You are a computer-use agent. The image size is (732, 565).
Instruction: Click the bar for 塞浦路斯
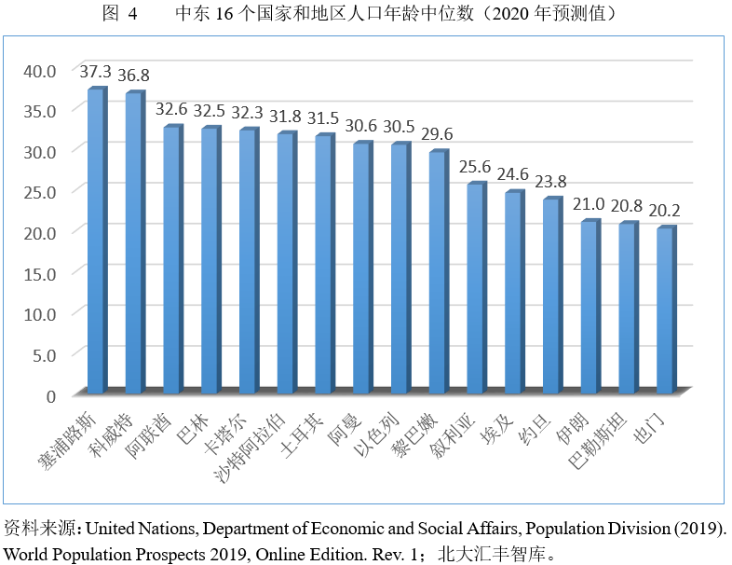pyautogui.click(x=95, y=241)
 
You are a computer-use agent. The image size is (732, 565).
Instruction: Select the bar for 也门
pyautogui.click(x=664, y=310)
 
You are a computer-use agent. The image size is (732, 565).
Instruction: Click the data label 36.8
pyautogui.click(x=132, y=76)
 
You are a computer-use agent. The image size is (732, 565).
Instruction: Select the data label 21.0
pyautogui.click(x=588, y=203)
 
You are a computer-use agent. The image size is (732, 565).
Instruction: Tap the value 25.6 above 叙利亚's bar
pyautogui.click(x=474, y=166)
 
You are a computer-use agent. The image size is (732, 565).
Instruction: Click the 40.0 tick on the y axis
pyautogui.click(x=40, y=70)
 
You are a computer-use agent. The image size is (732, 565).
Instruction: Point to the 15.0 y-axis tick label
pyautogui.click(x=40, y=273)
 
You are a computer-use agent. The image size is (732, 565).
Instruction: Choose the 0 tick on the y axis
pyautogui.click(x=50, y=395)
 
